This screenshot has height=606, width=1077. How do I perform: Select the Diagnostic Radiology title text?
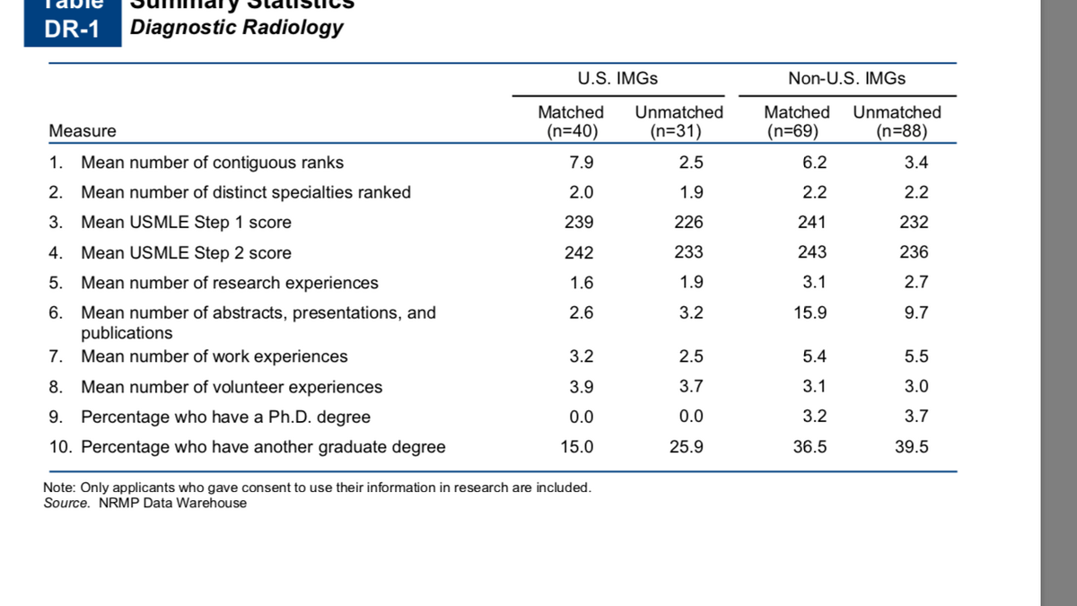tap(236, 27)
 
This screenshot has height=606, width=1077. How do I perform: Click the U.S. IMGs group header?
tap(617, 78)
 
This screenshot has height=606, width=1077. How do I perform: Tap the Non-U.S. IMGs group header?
tap(846, 78)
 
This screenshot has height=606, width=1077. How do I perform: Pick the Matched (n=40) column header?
tap(571, 122)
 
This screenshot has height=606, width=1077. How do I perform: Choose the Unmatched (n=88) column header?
tap(897, 122)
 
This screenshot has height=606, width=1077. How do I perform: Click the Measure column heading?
tap(83, 131)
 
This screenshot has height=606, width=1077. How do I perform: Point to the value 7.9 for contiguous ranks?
tap(582, 163)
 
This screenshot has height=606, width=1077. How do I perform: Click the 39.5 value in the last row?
tap(911, 447)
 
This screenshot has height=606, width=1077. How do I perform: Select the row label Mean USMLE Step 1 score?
tap(186, 223)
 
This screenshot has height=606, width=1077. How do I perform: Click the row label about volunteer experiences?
tap(231, 387)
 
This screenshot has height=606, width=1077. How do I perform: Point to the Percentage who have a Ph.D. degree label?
tap(225, 417)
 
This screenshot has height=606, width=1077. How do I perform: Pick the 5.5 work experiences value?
tap(915, 356)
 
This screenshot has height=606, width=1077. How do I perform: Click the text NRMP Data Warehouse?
tap(172, 503)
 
